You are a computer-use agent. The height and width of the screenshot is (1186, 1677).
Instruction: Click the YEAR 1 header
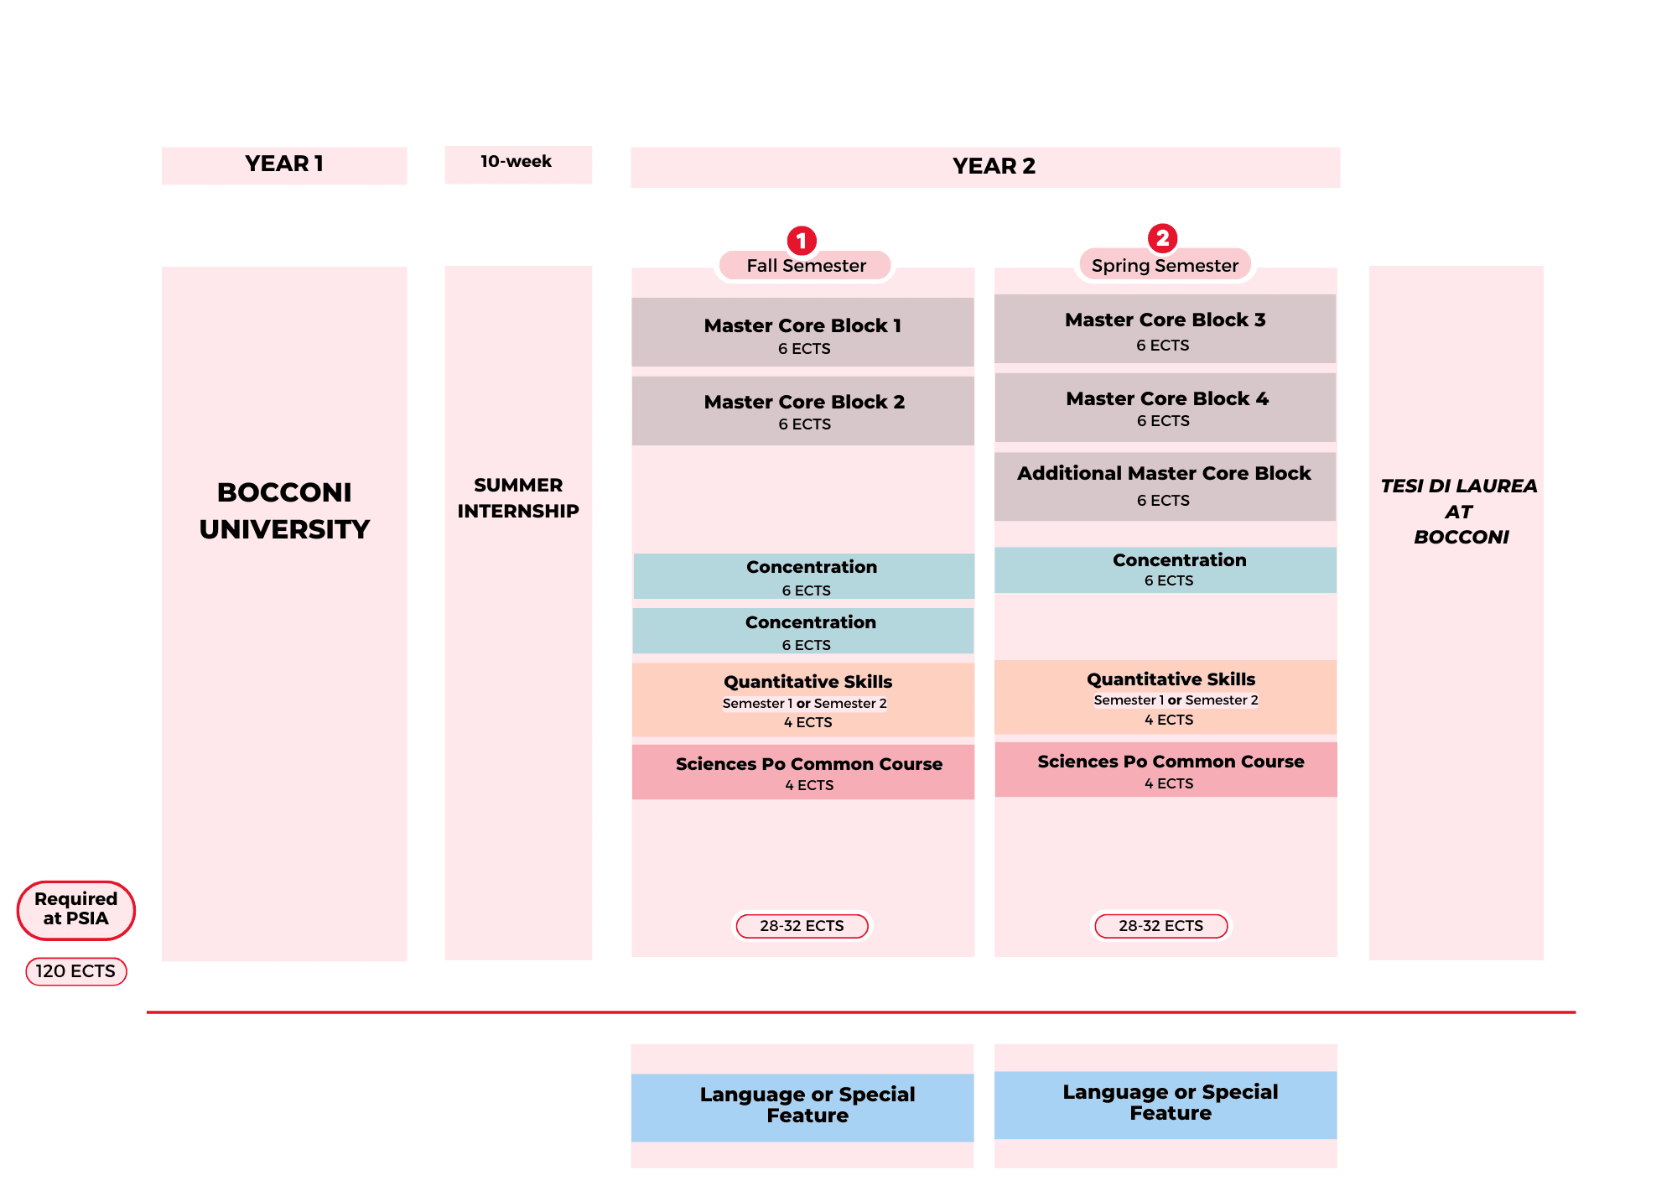284,164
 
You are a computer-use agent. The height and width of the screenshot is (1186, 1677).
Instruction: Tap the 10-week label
517,162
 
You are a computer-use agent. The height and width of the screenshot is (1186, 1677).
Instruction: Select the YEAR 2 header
994,167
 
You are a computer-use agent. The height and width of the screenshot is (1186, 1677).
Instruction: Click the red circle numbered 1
802,241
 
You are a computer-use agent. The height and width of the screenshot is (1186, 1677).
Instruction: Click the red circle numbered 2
1162,238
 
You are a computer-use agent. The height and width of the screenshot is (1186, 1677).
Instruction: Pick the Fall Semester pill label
806,266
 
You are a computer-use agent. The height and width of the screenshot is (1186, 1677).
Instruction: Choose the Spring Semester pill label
1165,266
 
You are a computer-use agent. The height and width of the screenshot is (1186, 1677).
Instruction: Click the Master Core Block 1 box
802,333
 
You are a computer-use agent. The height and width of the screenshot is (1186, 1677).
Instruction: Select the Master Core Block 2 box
802,411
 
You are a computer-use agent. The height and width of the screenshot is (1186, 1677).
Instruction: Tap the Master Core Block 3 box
1165,330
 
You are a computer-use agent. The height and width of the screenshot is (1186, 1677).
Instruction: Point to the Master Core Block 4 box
1165,408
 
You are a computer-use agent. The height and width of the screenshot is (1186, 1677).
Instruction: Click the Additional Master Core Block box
1165,486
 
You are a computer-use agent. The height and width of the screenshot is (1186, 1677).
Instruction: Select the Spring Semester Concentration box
1165,570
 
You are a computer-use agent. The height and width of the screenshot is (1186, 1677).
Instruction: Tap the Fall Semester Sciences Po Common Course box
802,772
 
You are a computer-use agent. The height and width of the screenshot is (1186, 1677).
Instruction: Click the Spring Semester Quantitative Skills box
1165,697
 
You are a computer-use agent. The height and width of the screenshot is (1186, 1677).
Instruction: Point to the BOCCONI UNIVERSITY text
284,510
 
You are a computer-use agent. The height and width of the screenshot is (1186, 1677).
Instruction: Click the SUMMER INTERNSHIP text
518,497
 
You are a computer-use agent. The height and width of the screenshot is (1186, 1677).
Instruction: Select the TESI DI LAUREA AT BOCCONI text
1458,511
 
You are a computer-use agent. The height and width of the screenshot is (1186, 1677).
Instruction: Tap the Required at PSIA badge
75,909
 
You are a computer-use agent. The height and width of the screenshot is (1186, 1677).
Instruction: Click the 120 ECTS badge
75,971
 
